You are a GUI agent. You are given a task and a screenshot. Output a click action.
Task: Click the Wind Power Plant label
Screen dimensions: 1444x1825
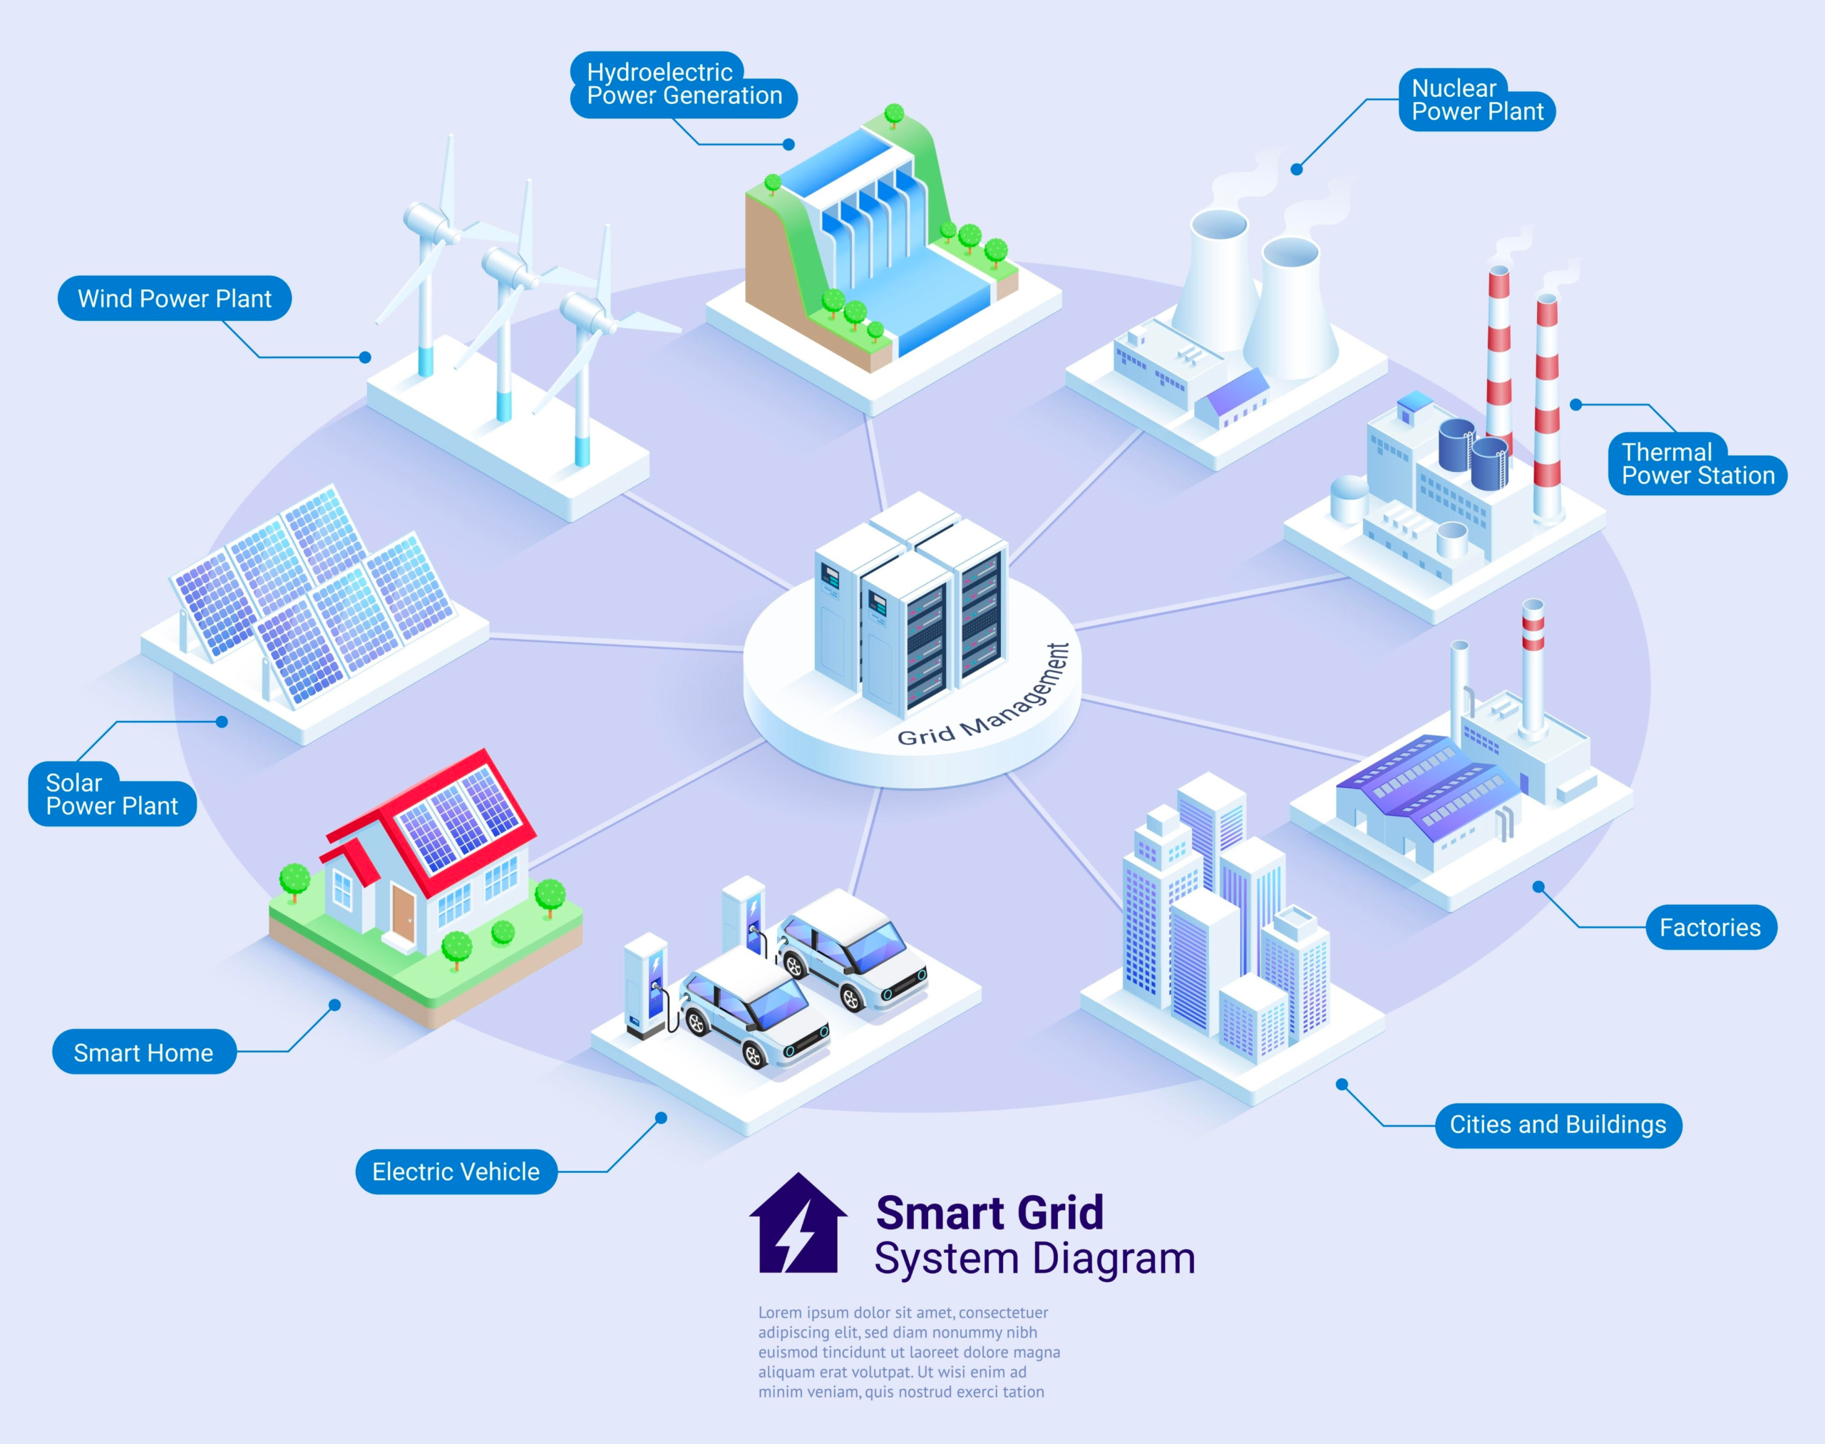[x=174, y=299]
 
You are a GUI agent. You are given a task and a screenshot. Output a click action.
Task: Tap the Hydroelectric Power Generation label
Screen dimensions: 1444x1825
[x=683, y=85]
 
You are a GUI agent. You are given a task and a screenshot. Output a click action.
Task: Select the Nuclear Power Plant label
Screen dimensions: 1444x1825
[x=1476, y=101]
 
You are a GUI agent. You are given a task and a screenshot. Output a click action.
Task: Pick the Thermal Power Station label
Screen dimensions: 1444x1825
[x=1697, y=464]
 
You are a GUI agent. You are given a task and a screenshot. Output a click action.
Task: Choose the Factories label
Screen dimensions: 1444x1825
[x=1710, y=928]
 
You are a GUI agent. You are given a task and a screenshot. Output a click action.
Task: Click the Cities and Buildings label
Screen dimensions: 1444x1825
[x=1558, y=1125]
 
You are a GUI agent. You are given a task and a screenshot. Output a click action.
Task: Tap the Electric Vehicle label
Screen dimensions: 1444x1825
[x=456, y=1172]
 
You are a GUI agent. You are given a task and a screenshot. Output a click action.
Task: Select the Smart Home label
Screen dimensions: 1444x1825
[x=144, y=1053]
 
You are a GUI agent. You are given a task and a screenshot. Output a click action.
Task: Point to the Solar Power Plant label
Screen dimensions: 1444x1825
[x=112, y=794]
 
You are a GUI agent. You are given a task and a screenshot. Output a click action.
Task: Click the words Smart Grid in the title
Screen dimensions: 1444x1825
[x=989, y=1213]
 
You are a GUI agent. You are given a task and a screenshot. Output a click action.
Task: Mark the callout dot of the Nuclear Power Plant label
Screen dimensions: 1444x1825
[x=1297, y=170]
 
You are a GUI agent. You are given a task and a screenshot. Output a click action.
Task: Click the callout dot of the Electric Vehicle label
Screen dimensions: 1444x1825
[x=661, y=1119]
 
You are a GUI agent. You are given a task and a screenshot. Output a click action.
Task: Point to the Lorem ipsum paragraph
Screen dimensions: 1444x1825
[x=909, y=1351]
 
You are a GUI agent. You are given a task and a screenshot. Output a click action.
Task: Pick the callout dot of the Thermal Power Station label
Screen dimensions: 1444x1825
[x=1575, y=405]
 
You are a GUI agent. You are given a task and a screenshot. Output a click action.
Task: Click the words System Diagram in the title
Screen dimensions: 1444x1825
[x=1034, y=1259]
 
